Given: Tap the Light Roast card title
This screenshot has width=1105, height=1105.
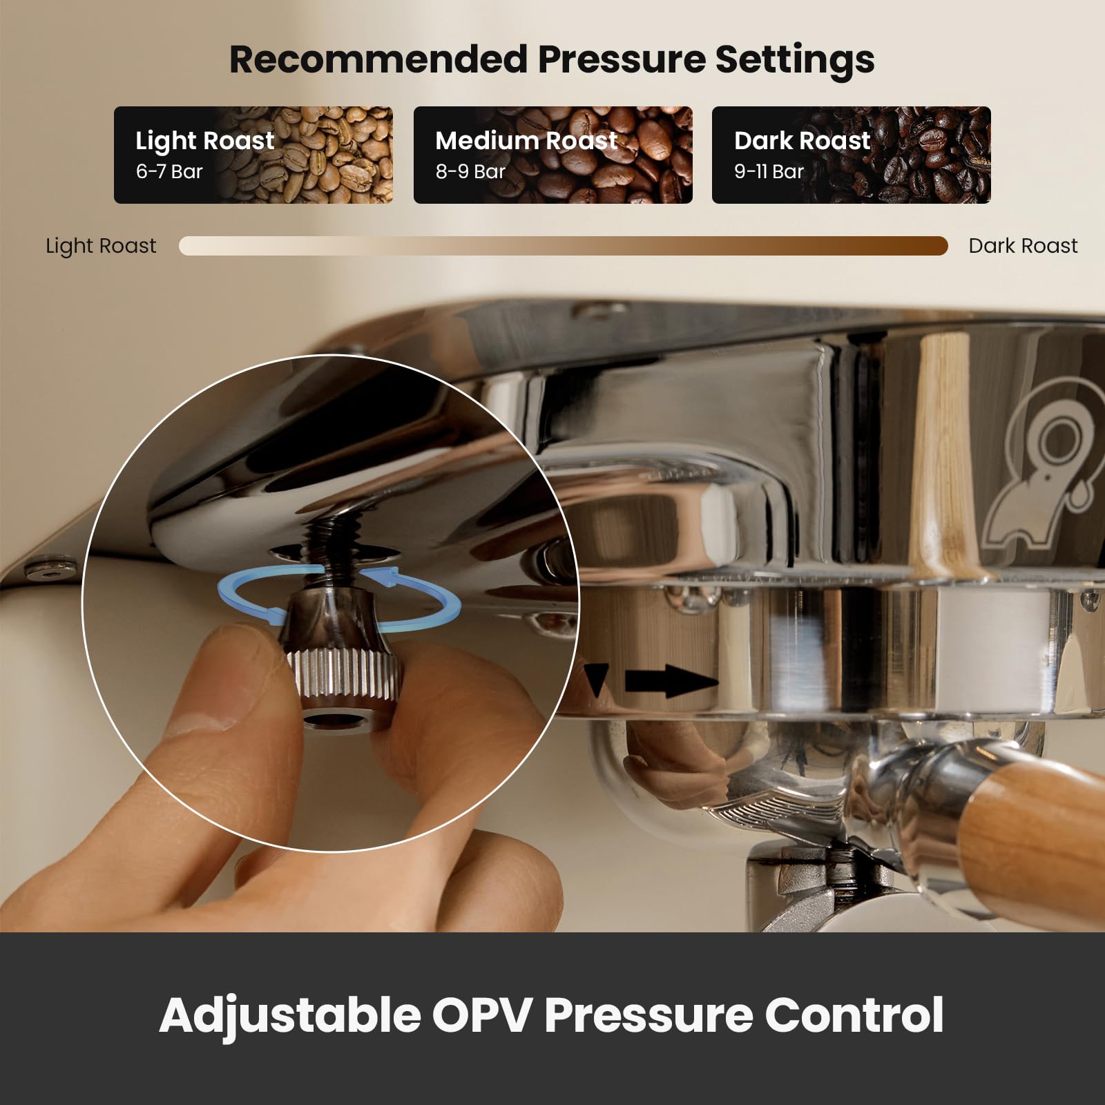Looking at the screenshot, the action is click(205, 141).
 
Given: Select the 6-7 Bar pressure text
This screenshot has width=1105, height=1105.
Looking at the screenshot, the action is click(169, 171).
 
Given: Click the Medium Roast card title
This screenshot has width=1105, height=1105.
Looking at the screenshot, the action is click(526, 140).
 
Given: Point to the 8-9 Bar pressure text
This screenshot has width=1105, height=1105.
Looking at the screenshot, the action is click(470, 171).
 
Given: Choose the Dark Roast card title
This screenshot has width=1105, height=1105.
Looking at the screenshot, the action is click(802, 140).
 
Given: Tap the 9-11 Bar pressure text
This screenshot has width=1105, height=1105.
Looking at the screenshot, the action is click(769, 171).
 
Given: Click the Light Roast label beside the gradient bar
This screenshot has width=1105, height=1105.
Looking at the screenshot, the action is click(101, 246).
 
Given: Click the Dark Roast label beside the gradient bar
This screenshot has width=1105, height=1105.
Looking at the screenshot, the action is click(1023, 246).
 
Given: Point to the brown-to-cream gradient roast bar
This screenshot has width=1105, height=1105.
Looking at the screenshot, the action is click(564, 246).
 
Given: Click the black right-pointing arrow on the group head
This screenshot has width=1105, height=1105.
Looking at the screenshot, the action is click(671, 682).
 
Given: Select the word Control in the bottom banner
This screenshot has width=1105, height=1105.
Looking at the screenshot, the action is click(854, 1015).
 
